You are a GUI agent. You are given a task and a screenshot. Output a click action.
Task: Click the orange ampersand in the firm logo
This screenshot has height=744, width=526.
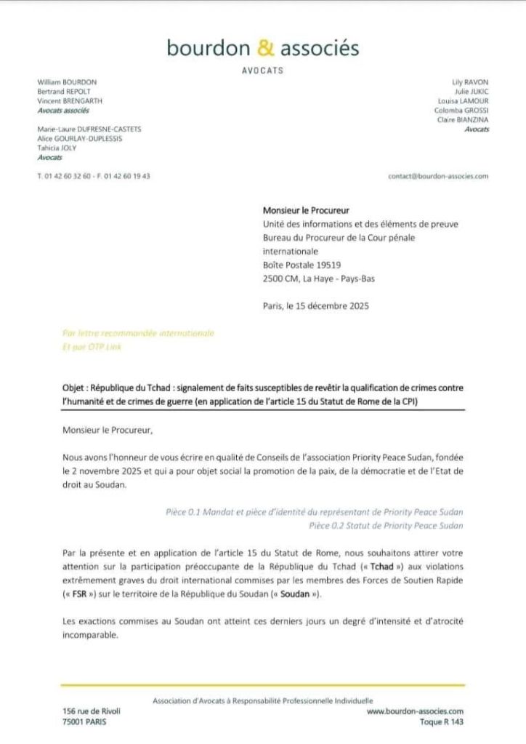point(267,48)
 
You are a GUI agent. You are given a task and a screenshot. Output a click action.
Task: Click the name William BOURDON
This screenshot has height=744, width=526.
point(67,83)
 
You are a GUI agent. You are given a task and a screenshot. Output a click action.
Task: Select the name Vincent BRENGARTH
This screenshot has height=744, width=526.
point(70,101)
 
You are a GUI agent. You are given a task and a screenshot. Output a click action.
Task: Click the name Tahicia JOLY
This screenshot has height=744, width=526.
point(57,148)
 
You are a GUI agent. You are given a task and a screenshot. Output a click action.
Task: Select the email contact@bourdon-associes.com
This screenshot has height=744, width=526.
point(438,176)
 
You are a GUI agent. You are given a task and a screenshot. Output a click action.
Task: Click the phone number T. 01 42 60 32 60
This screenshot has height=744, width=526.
point(64,176)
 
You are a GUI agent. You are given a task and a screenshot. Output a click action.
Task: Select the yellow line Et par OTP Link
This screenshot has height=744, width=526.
point(92,347)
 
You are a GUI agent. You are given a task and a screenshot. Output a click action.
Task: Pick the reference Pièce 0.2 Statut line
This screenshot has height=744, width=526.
point(385,525)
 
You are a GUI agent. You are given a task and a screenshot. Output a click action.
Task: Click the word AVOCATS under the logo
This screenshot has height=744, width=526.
point(262,71)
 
